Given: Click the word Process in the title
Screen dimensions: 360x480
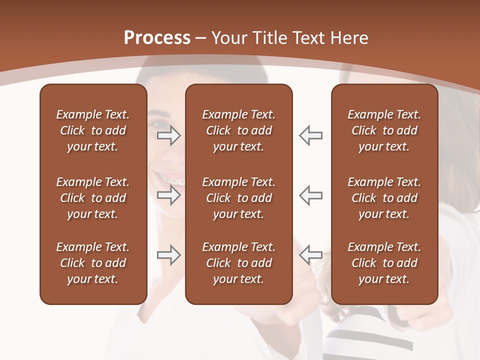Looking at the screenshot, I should (x=157, y=38).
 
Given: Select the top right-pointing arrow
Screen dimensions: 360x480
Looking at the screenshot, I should (x=168, y=135).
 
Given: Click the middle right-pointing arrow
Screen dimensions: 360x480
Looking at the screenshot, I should (x=168, y=195).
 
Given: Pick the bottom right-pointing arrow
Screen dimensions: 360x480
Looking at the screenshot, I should (x=168, y=255).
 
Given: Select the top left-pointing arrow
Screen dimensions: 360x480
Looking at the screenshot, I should (x=310, y=135).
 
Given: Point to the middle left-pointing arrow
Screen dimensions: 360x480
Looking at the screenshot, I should (x=310, y=195).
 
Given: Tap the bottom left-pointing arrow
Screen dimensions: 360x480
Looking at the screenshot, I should (x=310, y=255).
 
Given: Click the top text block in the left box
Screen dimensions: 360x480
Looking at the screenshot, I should (x=92, y=130).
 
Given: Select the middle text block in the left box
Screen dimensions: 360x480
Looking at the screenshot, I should (x=92, y=198).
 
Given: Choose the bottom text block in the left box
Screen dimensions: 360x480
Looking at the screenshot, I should (x=92, y=263).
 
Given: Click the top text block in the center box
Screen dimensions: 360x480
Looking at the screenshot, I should (x=238, y=130).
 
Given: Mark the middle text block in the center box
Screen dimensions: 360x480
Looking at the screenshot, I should (x=238, y=198).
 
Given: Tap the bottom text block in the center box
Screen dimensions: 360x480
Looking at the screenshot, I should (x=238, y=263).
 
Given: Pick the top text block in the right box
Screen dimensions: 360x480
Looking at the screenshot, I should (x=384, y=130).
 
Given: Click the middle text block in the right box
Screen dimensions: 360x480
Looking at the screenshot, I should (x=384, y=198).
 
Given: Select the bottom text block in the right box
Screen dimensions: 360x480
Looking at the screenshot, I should (x=384, y=263).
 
